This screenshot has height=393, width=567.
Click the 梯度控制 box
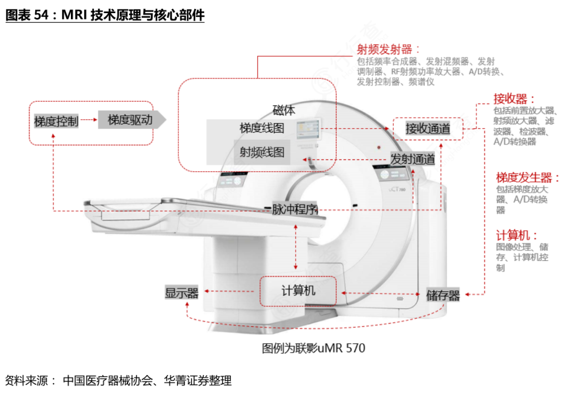coord(56,121)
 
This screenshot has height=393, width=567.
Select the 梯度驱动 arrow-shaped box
coord(131,120)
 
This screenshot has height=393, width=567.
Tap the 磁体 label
coord(283,110)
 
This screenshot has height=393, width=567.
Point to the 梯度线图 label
coord(261,128)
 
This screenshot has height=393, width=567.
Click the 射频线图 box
coord(262,152)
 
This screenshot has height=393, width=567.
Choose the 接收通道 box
coord(428,129)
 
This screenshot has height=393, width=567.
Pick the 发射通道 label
coord(413,159)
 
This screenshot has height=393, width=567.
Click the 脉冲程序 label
coord(295,209)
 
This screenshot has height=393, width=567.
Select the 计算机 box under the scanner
coord(298,291)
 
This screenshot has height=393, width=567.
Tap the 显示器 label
coord(182,293)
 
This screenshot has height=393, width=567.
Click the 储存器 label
coord(443,295)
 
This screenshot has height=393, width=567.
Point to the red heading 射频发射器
coord(384,50)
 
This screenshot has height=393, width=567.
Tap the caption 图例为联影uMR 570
coord(313,348)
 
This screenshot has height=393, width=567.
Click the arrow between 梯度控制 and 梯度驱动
coord(90,120)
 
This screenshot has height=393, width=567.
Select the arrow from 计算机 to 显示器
coord(231,291)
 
